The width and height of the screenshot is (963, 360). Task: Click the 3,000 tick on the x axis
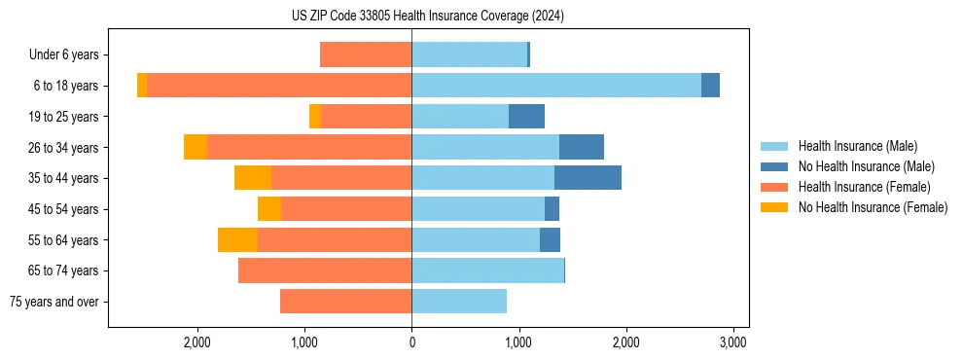tap(732, 342)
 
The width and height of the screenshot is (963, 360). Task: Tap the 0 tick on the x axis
tap(411, 342)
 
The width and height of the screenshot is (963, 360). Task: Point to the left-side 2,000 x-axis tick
tap(197, 342)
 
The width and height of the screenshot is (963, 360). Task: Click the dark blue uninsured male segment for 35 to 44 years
tap(588, 178)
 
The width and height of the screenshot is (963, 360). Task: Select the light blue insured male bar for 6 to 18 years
tap(555, 86)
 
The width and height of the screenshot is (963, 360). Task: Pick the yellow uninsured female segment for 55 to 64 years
tap(237, 240)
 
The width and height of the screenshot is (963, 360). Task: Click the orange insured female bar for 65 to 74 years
tap(325, 270)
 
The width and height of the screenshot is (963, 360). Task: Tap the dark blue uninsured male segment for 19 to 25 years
tap(526, 117)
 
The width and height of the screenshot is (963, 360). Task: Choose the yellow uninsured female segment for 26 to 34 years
tap(196, 148)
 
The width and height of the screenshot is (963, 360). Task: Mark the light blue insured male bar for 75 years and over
tap(459, 302)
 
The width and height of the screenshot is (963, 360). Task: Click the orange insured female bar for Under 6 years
tap(366, 55)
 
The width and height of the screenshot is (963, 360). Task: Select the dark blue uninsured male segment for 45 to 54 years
tap(552, 209)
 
